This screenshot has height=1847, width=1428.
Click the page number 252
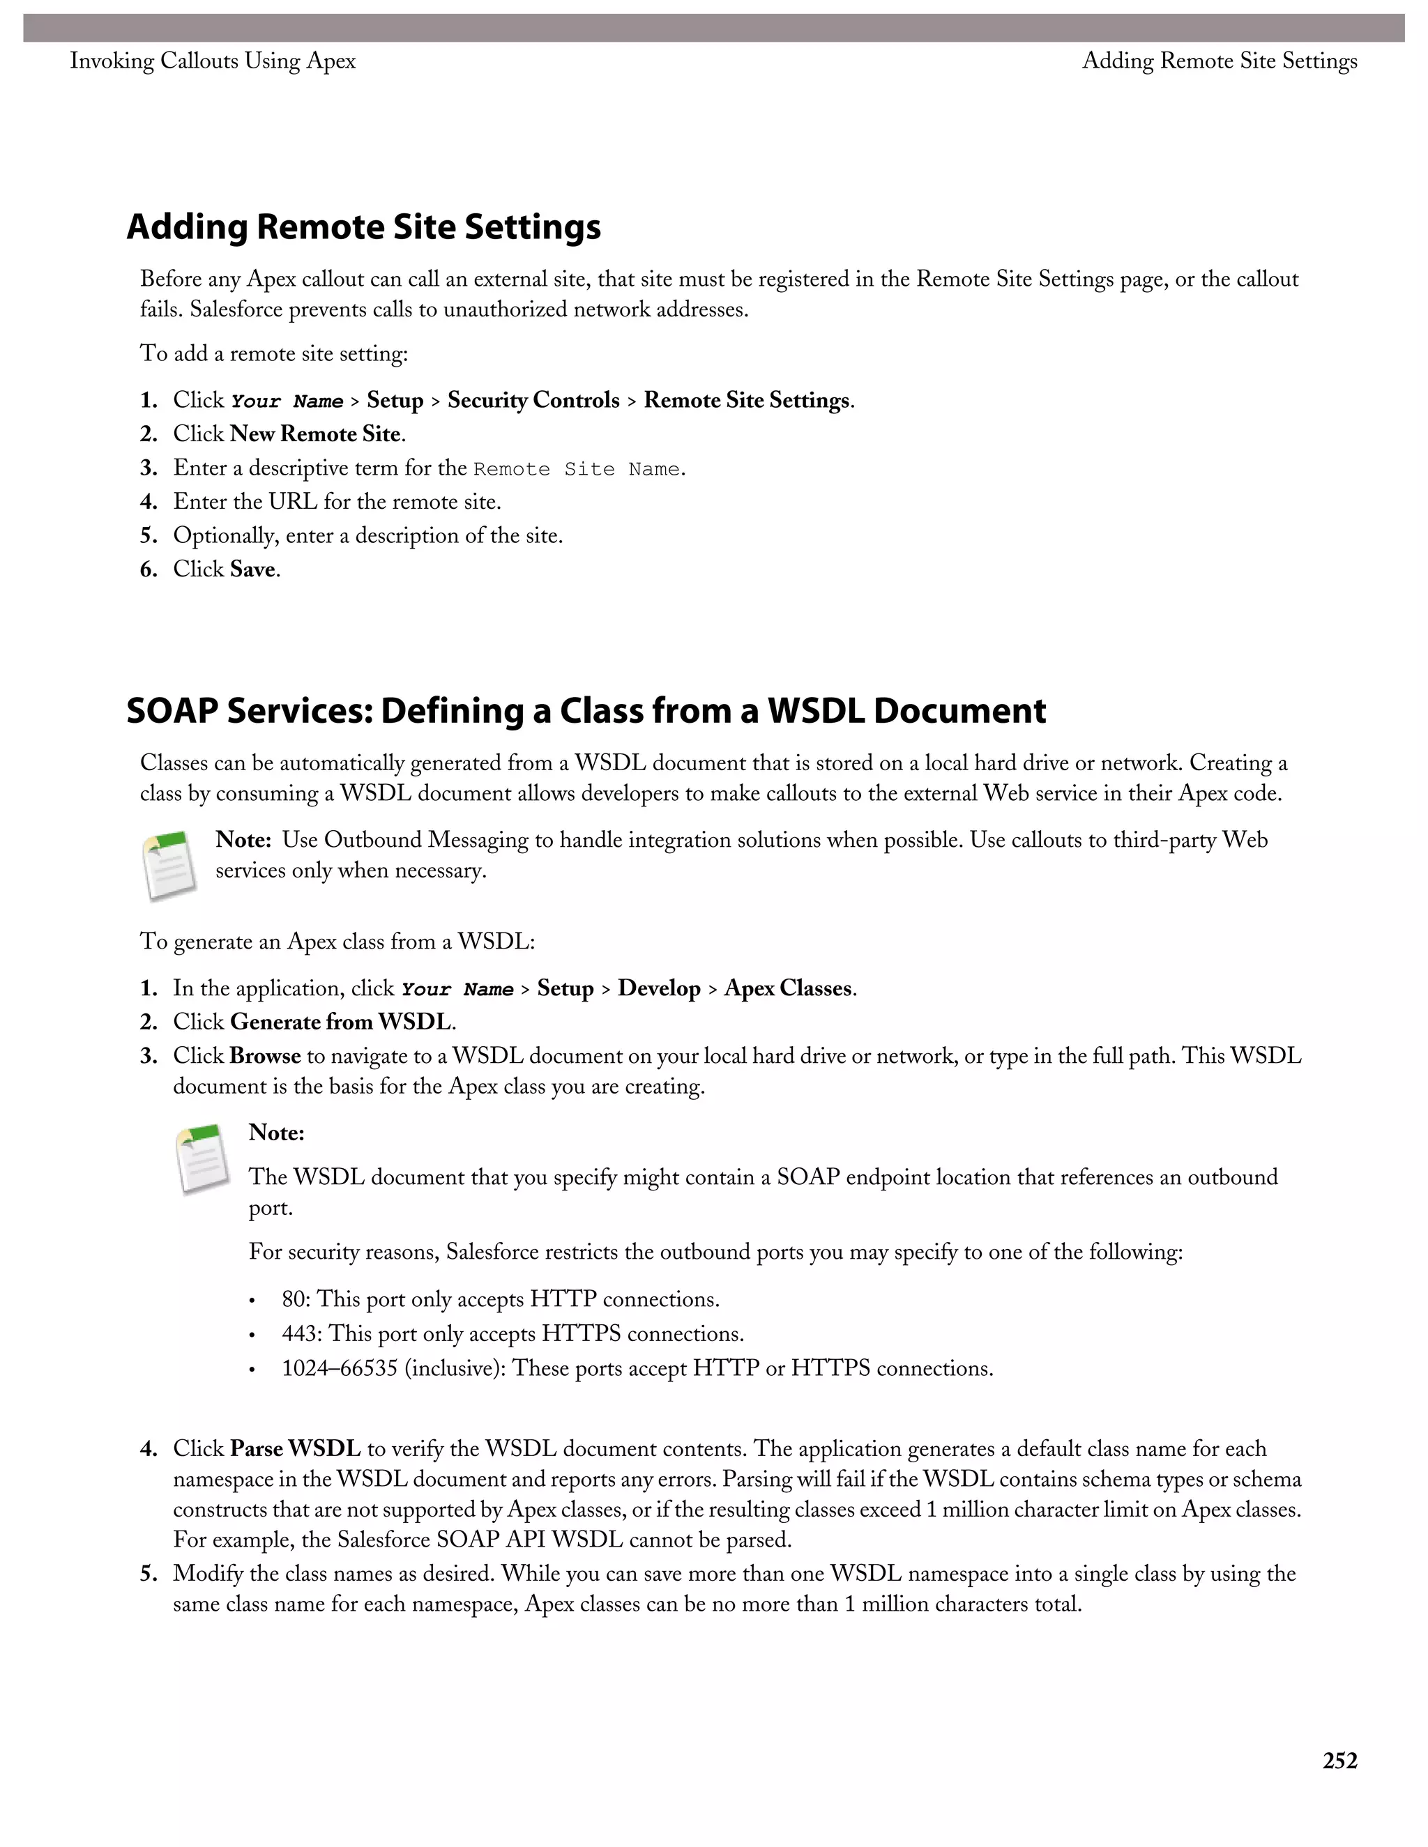coord(1339,1761)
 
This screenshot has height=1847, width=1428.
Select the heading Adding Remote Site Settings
coord(364,227)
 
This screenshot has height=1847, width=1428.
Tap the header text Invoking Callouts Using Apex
coord(213,61)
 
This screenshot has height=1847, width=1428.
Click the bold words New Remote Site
coord(314,434)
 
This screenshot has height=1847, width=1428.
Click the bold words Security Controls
coord(533,400)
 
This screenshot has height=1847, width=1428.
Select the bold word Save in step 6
coord(252,569)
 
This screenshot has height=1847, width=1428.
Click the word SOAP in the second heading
coord(173,710)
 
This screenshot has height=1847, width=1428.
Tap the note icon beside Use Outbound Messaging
coord(170,865)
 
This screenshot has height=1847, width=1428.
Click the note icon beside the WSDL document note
coord(203,1158)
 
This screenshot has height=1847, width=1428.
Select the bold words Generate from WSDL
coord(340,1022)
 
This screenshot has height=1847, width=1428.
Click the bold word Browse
coord(265,1056)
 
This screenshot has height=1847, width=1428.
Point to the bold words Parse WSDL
coord(295,1449)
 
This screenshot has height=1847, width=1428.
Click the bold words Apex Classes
coord(787,988)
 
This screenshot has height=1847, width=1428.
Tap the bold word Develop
coord(659,988)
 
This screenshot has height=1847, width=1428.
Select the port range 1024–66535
coord(340,1368)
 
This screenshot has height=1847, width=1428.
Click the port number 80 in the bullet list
coord(294,1299)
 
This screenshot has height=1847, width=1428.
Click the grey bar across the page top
coord(714,28)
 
